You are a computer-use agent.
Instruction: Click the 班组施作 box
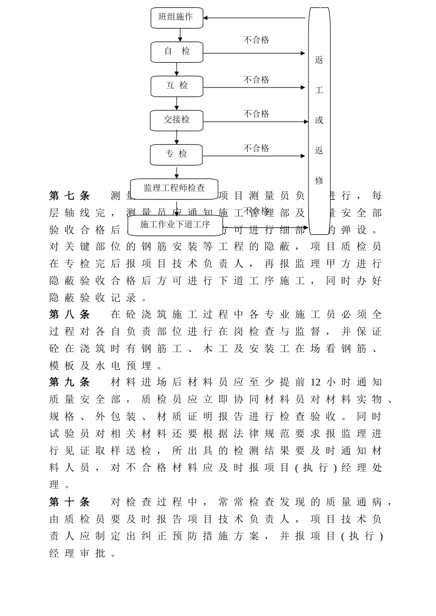pyautogui.click(x=177, y=17)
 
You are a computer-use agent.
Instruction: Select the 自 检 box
pyautogui.click(x=177, y=52)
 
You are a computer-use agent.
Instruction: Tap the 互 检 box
pyautogui.click(x=177, y=86)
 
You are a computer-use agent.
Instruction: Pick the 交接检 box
pyautogui.click(x=176, y=120)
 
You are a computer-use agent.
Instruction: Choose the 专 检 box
pyautogui.click(x=176, y=154)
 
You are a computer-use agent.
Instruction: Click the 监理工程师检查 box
pyautogui.click(x=174, y=188)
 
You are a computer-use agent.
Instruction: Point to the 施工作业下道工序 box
pyautogui.click(x=175, y=225)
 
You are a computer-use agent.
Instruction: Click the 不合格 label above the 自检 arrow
pyautogui.click(x=256, y=40)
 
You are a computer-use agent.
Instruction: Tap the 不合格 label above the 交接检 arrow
pyautogui.click(x=256, y=114)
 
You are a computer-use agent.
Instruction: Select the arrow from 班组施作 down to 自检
pyautogui.click(x=180, y=35)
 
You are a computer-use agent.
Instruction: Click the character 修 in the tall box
pyautogui.click(x=319, y=180)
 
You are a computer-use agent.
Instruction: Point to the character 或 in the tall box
pyautogui.click(x=319, y=120)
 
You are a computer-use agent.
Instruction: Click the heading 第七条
pyautogui.click(x=69, y=196)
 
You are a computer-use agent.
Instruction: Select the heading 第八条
pyautogui.click(x=69, y=314)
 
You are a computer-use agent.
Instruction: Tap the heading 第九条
pyautogui.click(x=69, y=382)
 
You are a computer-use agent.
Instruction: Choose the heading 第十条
pyautogui.click(x=69, y=502)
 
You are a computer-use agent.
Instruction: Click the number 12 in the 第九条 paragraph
pyautogui.click(x=315, y=382)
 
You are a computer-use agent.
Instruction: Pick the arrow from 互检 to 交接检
pyautogui.click(x=177, y=104)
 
